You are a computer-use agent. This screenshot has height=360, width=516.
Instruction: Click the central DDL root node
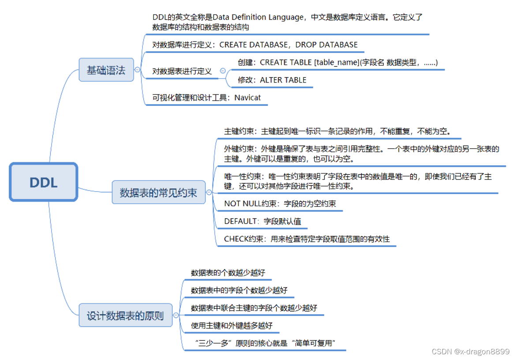(44, 182)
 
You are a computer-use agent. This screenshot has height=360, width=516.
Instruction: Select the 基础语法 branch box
(106, 70)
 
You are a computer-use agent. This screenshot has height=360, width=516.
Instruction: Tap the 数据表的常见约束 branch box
(158, 192)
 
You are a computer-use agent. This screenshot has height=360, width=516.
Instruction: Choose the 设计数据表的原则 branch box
(125, 315)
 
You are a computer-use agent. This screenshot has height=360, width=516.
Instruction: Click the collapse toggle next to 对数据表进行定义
(223, 71)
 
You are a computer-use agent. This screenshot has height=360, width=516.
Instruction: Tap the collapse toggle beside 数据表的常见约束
(209, 192)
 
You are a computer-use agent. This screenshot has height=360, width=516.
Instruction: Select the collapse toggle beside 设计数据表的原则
(176, 315)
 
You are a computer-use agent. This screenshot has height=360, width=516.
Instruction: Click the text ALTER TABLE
(283, 80)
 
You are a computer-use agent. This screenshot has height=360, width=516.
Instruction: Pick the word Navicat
(247, 97)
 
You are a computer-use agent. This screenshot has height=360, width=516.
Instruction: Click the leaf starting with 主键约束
(337, 131)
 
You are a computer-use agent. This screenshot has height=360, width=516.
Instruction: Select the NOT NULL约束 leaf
(280, 203)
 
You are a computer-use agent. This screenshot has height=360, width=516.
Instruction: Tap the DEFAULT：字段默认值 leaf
(262, 221)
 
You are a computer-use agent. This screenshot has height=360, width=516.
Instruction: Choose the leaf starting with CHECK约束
(307, 239)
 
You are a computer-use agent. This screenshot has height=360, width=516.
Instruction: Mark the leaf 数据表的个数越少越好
(228, 273)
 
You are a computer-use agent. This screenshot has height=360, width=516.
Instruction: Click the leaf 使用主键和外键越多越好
(232, 326)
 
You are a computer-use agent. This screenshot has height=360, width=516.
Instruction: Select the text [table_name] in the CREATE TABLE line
(336, 62)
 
